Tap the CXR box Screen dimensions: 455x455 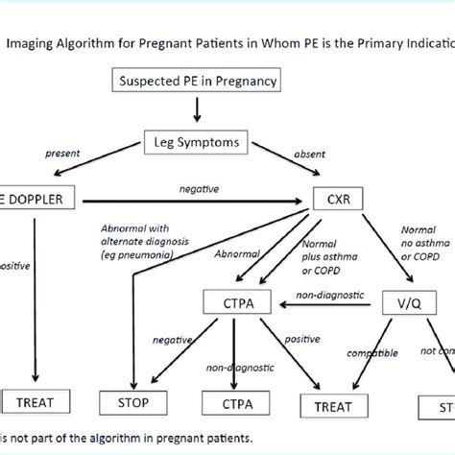(337, 201)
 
